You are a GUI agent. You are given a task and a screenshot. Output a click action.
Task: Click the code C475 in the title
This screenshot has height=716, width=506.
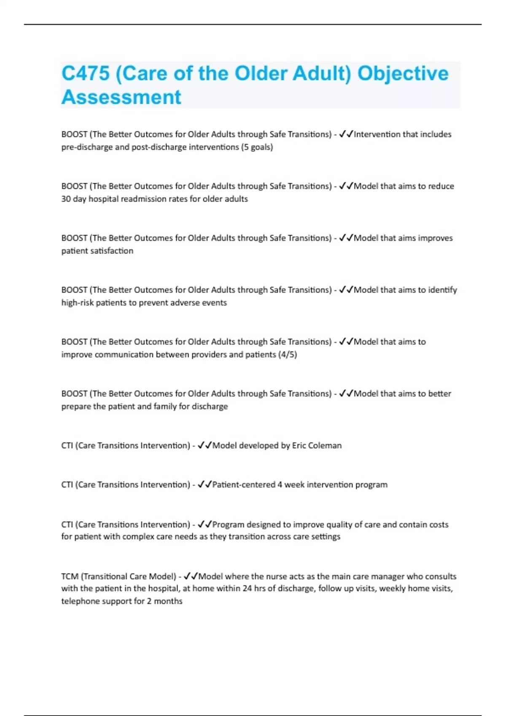(x=86, y=74)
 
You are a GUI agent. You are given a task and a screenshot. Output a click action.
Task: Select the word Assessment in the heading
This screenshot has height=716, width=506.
(x=121, y=97)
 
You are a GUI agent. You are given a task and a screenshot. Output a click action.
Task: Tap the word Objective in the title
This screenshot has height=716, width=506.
(x=403, y=74)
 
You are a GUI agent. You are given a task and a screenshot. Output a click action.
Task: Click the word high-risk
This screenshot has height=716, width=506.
(x=78, y=302)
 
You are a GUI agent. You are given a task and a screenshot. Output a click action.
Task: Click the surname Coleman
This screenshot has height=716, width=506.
(x=325, y=445)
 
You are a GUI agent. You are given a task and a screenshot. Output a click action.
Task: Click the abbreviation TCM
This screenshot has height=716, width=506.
(x=70, y=576)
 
